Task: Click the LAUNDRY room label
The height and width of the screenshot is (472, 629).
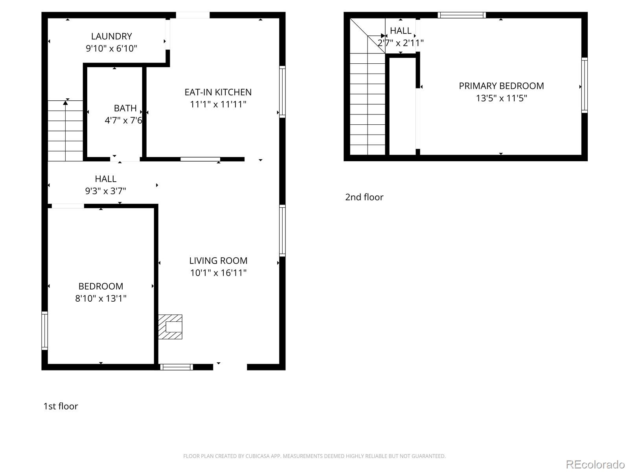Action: click(112, 37)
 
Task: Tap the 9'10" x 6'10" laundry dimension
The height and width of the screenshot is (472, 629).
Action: click(112, 48)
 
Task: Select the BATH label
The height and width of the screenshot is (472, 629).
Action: click(125, 108)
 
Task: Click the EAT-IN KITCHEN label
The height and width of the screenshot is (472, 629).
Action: click(218, 92)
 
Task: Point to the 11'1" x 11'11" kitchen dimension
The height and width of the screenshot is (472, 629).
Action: click(218, 104)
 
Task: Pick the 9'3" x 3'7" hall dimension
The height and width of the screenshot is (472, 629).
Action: click(105, 191)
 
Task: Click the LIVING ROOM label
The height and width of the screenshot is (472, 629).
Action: click(218, 261)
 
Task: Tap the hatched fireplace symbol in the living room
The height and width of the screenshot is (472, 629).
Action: click(170, 327)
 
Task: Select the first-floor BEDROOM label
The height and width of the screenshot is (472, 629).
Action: click(101, 286)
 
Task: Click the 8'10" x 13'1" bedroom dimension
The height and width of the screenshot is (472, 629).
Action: click(101, 299)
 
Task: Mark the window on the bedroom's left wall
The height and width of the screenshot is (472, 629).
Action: click(45, 331)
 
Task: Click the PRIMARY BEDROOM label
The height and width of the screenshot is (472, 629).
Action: click(501, 86)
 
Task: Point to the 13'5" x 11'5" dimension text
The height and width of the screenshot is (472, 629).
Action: click(501, 98)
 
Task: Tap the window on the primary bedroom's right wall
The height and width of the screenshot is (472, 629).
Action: click(584, 85)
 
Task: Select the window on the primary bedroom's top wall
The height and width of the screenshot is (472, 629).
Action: click(462, 15)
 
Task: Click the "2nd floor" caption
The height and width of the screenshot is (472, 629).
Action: click(364, 197)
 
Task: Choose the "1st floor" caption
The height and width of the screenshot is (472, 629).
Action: click(61, 406)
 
